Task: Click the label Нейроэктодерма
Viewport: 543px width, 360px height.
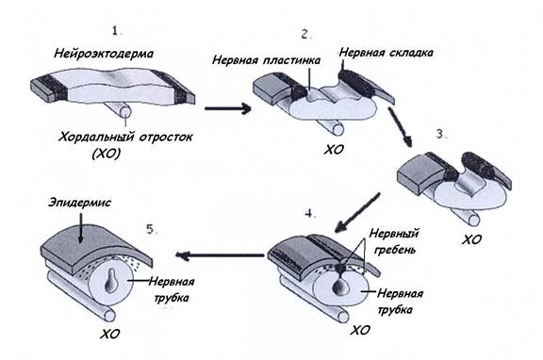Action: pos(104,55)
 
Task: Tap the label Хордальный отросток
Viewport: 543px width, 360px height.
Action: pos(125,138)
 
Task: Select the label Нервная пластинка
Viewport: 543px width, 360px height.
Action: pos(266,60)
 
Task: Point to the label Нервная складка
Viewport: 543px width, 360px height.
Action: pos(386,53)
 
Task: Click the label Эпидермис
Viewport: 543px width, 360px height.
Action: pos(79,203)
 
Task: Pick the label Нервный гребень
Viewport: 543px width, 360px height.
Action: pos(394,241)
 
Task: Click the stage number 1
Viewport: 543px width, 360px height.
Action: pos(115,31)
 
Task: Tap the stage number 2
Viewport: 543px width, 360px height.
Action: pos(304,34)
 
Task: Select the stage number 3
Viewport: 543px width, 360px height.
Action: pos(439,134)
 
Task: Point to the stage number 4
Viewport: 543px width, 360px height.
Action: pos(309,214)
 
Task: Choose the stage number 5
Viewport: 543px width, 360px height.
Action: pos(150,229)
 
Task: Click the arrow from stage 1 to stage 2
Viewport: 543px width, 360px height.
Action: pos(228,108)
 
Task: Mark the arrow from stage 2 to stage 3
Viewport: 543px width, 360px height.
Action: pos(400,127)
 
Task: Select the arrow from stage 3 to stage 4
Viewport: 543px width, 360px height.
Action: pos(357,213)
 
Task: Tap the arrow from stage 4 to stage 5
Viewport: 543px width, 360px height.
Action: pos(220,255)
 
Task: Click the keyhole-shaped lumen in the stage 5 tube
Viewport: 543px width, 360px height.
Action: pos(111,280)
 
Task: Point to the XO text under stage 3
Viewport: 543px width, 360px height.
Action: pos(471,239)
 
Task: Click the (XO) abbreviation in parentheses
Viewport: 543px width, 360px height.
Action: pos(107,154)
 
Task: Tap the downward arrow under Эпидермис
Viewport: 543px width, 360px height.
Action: pos(80,228)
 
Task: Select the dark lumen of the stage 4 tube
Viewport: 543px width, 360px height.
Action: pos(340,285)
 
